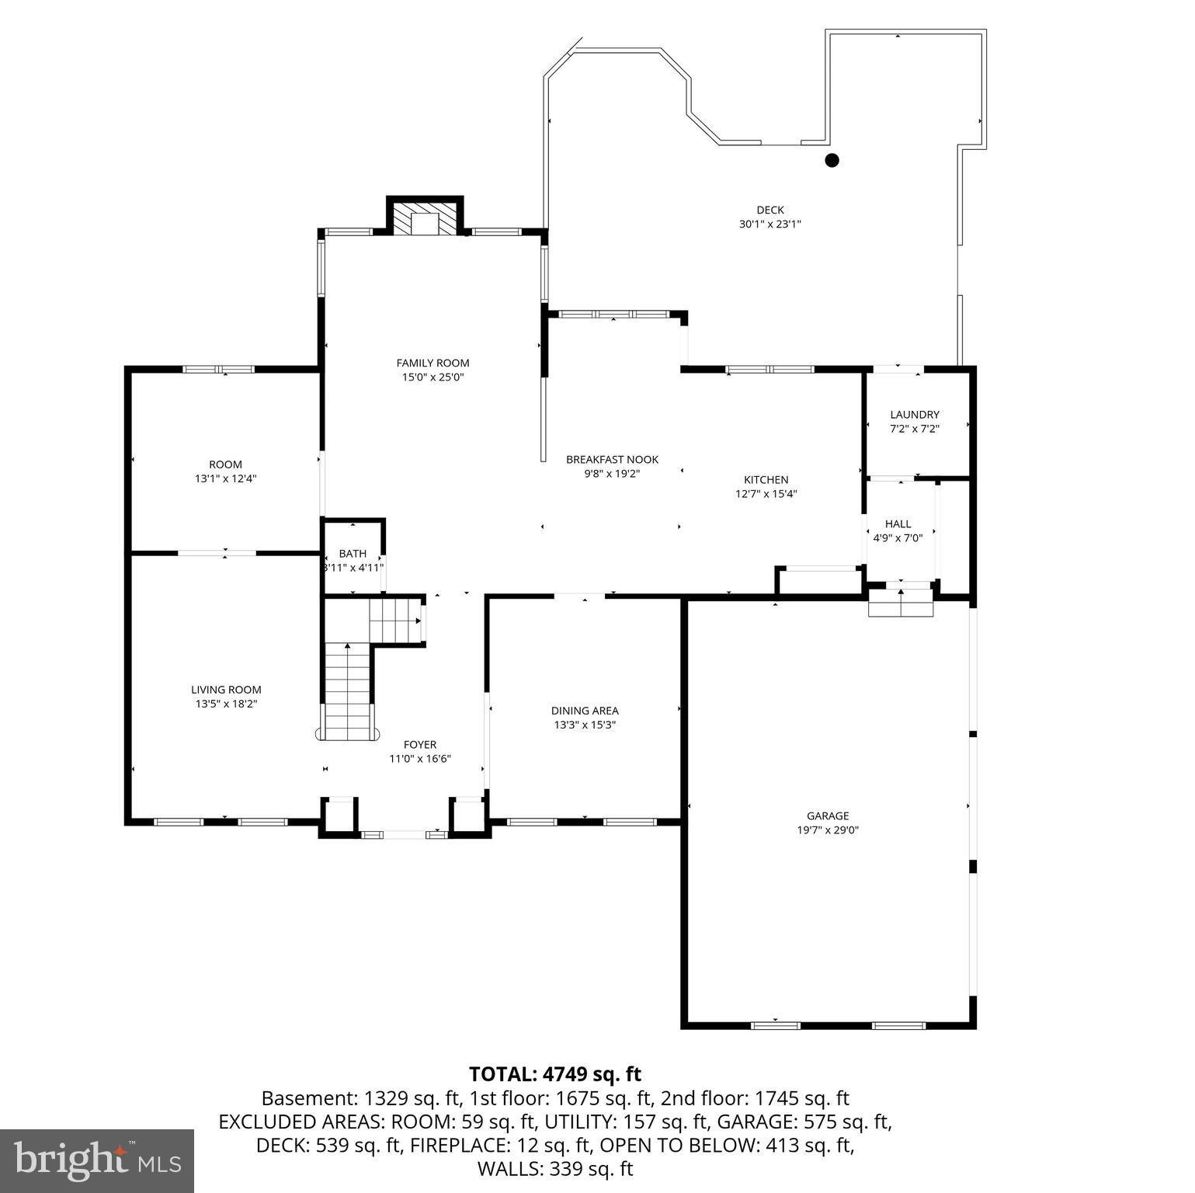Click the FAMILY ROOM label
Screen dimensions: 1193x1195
432,363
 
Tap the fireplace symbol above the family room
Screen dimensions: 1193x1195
425,219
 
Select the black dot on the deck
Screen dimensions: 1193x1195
832,161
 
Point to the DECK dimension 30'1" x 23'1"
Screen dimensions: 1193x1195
769,224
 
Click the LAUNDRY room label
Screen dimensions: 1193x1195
914,415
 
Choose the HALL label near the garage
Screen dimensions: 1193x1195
898,524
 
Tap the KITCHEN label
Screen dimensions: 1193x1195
766,480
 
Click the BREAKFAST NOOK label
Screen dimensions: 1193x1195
612,460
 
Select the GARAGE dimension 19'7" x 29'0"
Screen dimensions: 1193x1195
827,830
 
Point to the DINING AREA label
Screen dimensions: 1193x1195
585,711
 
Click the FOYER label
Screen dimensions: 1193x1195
419,745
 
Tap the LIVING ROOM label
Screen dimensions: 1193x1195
226,690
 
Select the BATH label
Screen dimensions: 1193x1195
353,554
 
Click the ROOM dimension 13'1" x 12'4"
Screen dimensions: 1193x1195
225,479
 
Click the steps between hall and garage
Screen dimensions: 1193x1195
900,603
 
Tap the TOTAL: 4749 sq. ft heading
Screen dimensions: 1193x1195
554,1074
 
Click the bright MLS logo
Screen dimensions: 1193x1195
97,1161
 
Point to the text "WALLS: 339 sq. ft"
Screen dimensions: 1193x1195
554,1168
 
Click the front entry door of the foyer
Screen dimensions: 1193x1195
404,834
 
